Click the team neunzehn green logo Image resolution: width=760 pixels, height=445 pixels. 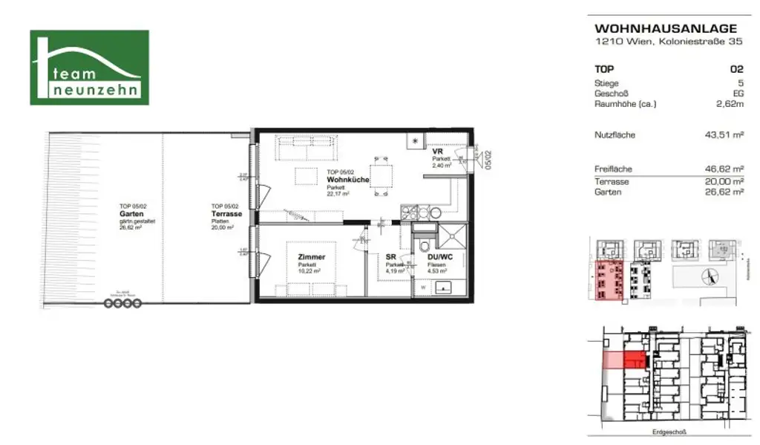point(89,67)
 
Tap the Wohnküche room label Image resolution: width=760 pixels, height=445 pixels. point(344,180)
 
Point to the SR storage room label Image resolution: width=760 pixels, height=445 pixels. point(390,257)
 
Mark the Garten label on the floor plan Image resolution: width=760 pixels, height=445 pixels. point(131,214)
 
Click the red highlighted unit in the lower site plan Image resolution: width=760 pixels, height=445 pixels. point(633,361)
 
